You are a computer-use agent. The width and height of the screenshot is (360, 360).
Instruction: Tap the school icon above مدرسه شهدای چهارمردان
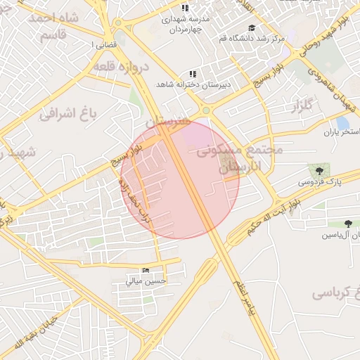click(184, 8)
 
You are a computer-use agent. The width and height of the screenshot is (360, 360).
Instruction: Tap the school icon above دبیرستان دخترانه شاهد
click(193, 74)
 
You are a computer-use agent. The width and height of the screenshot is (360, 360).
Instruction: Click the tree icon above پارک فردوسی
click(319, 169)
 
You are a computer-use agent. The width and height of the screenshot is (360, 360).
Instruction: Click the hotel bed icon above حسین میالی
click(146, 271)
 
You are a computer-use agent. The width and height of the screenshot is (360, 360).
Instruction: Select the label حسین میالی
click(146, 281)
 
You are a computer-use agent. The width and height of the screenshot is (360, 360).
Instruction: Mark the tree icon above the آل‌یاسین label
click(330, 223)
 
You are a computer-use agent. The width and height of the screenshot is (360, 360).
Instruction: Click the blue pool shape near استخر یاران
click(342, 122)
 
